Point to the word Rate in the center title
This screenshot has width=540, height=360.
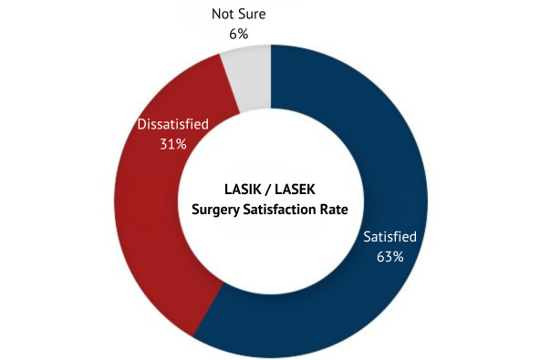click(334, 210)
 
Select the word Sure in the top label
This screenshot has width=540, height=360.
click(254, 15)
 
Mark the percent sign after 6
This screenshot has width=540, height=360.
click(244, 35)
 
